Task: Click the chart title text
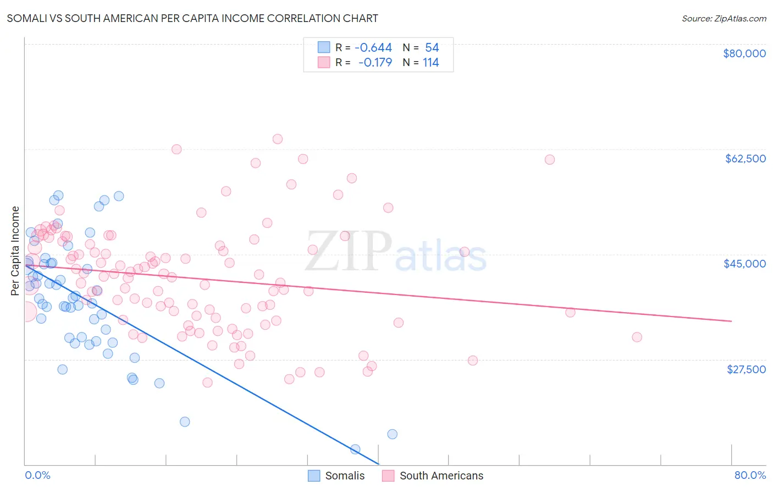click(192, 18)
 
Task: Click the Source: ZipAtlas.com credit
click(724, 19)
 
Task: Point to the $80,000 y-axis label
click(744, 53)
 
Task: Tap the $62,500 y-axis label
click(745, 159)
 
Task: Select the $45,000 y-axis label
click(744, 264)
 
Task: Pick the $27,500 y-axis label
click(746, 369)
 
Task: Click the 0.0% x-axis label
click(37, 475)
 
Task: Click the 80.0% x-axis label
click(750, 475)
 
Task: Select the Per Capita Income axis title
click(15, 250)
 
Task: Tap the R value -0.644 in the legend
click(373, 48)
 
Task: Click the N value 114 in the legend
click(431, 63)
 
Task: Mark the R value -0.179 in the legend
click(375, 63)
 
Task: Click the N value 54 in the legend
click(432, 48)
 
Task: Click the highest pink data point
click(278, 139)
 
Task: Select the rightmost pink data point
click(637, 337)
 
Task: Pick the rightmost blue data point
click(392, 434)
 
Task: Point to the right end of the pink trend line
click(731, 321)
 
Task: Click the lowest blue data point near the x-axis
click(355, 450)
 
